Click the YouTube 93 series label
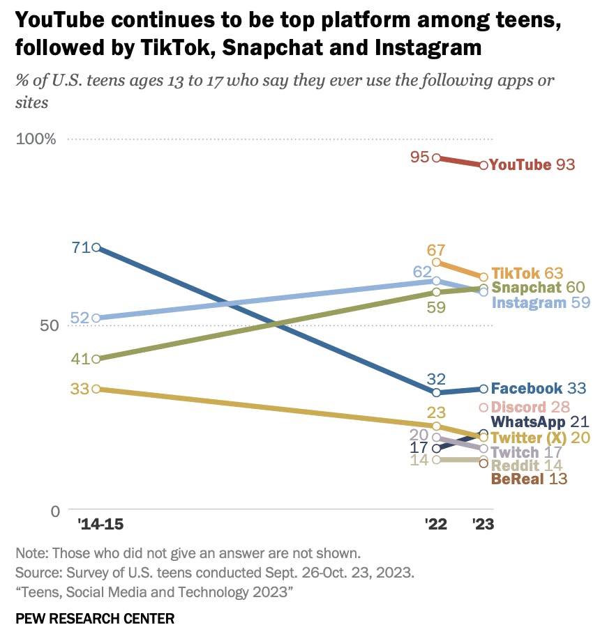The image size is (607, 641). (532, 165)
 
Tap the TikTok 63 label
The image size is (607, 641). (527, 273)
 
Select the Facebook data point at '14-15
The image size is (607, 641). (96, 248)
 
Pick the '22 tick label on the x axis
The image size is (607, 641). (436, 525)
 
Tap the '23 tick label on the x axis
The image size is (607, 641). (483, 525)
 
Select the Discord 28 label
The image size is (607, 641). (530, 408)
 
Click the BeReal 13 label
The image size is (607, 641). (529, 479)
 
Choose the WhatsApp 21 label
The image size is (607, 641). (540, 422)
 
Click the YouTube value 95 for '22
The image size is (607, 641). (419, 157)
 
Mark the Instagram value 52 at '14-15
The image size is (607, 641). (80, 318)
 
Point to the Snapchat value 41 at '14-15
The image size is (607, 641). (80, 360)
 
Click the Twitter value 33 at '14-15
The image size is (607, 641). (80, 389)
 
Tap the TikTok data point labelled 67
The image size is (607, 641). (437, 263)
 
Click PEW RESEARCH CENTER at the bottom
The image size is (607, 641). (95, 619)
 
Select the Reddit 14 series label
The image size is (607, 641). (528, 466)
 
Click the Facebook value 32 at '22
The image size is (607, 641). (436, 379)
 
